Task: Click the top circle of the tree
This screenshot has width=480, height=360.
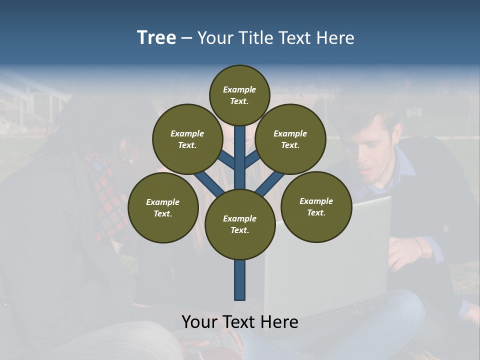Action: pos(239,95)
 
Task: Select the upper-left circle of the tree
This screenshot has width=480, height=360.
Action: pos(187,139)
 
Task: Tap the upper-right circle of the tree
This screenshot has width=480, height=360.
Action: pos(290,139)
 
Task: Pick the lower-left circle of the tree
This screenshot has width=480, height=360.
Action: pos(163,207)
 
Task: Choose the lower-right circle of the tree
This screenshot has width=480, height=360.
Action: pos(316,206)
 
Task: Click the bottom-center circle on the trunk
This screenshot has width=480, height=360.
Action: pos(240,224)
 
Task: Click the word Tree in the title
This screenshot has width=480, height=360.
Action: pos(156,37)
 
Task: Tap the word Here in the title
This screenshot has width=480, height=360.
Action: pos(335,37)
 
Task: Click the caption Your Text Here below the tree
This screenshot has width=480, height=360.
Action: pos(240,322)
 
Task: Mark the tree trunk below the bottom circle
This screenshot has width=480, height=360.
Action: pos(240,280)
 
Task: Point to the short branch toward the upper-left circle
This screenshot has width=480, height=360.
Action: pos(226,160)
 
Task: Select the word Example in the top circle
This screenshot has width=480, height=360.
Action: pos(239,89)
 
